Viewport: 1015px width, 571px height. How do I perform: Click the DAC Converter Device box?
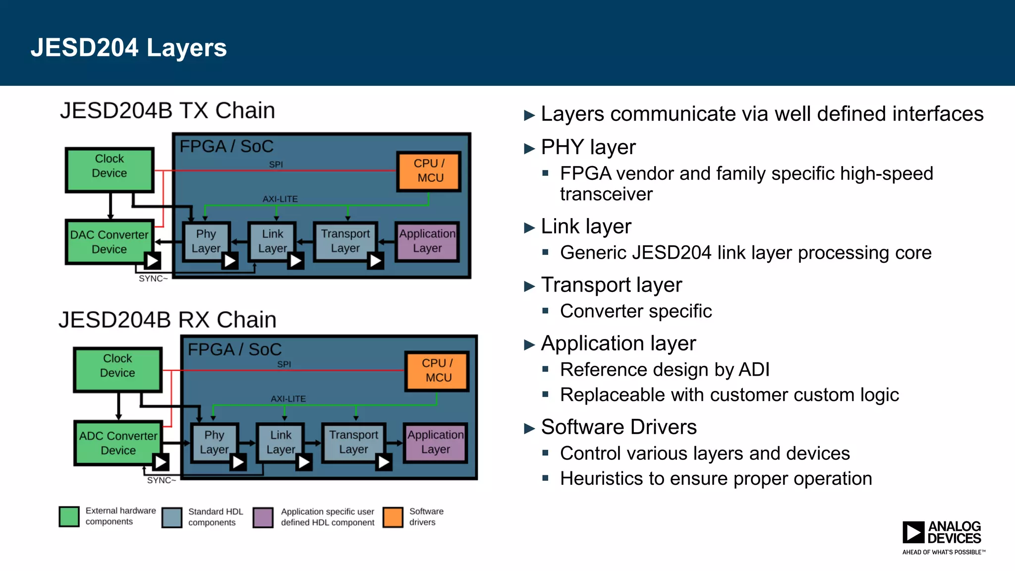click(109, 242)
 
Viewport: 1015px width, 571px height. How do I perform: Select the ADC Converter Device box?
click(118, 443)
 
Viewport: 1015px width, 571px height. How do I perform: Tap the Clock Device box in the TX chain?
click(110, 170)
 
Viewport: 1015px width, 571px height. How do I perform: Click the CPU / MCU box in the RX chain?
click(437, 371)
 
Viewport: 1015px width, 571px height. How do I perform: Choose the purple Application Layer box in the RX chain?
click(436, 442)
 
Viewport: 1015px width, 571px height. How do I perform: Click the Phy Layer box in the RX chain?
click(214, 442)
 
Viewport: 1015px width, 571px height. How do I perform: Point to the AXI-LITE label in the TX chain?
click(280, 199)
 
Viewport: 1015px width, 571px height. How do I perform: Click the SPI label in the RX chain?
click(284, 364)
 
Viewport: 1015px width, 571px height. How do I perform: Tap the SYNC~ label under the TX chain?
click(153, 279)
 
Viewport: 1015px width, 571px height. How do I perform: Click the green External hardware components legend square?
click(69, 516)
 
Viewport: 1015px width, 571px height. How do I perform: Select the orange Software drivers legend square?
click(393, 517)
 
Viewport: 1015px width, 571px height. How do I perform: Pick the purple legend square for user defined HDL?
click(263, 517)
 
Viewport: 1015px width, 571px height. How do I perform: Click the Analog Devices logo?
click(943, 536)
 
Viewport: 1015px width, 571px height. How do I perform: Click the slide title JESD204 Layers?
click(129, 48)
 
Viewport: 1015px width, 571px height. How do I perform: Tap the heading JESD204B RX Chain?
click(168, 320)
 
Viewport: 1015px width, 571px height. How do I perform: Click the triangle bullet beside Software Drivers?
click(529, 428)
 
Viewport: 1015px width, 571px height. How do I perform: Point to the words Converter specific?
click(636, 311)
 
